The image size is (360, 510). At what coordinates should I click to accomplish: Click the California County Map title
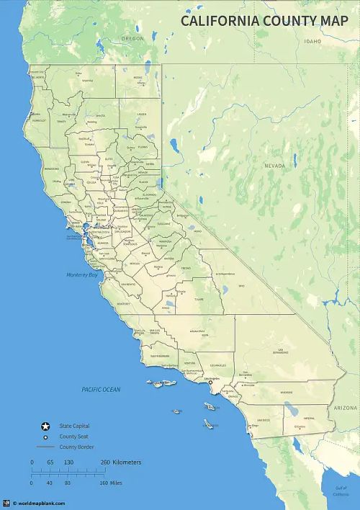[264, 20]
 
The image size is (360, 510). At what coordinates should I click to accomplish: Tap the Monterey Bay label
[81, 274]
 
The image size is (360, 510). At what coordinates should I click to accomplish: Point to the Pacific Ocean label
[101, 390]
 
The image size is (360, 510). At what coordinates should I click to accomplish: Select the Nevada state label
[274, 166]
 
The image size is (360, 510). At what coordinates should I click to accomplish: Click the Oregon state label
[132, 38]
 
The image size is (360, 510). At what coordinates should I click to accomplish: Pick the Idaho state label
[312, 42]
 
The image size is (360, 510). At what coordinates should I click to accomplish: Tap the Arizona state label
[345, 408]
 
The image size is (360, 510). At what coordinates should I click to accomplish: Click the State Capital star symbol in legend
[45, 426]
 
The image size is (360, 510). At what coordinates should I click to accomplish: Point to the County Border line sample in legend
[46, 447]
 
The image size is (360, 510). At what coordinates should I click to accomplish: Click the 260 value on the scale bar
[105, 462]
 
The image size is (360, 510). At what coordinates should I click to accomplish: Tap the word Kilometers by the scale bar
[127, 462]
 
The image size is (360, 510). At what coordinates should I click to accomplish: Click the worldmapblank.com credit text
[42, 504]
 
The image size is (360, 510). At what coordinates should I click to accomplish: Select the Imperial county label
[310, 417]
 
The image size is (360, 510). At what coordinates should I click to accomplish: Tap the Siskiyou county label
[87, 81]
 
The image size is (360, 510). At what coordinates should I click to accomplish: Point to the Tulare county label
[199, 299]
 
